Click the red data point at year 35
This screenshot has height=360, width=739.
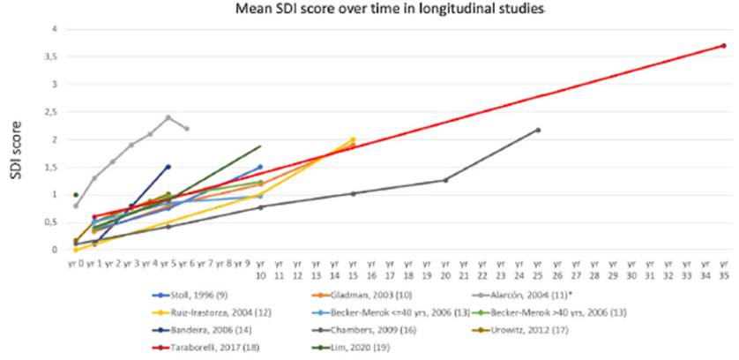(723, 46)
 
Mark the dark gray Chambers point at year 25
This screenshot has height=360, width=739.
(538, 131)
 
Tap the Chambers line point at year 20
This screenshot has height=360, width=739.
(445, 180)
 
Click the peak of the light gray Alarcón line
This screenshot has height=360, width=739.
(168, 117)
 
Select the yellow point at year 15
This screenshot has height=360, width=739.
(353, 139)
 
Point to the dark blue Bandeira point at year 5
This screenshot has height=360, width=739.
(168, 166)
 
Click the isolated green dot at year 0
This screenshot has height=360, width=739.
(76, 195)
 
